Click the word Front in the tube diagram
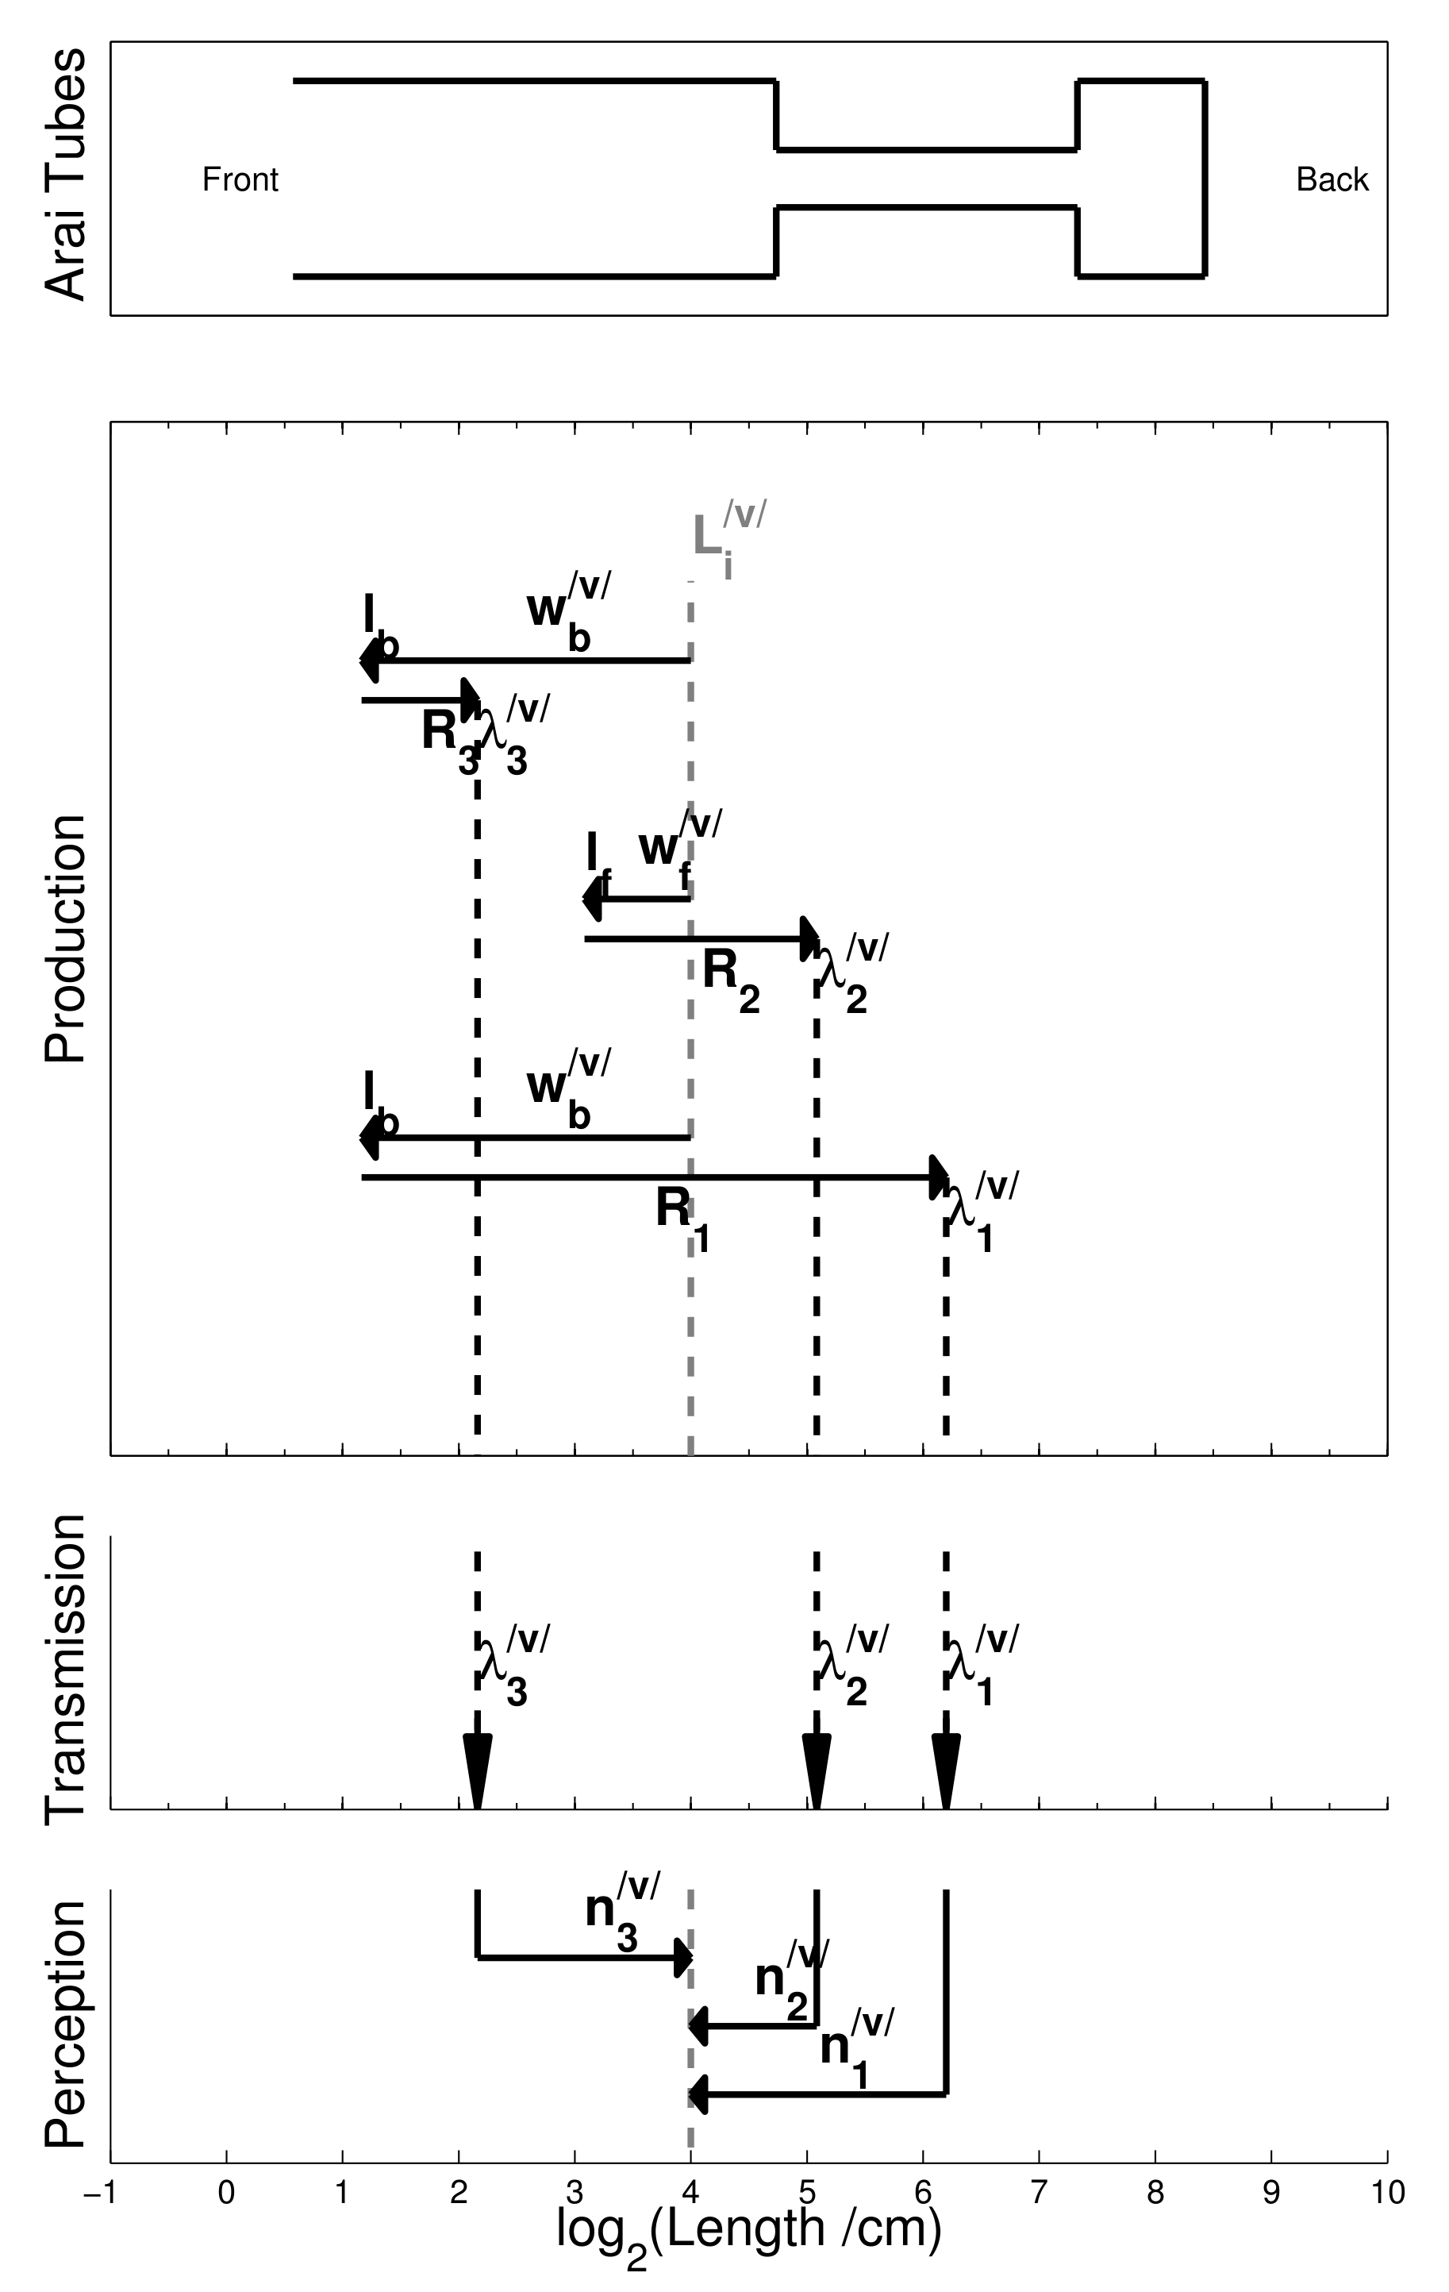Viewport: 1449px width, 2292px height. (240, 180)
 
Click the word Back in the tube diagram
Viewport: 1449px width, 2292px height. (1332, 180)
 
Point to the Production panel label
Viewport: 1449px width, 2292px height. (66, 938)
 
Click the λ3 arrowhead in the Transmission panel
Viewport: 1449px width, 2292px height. (477, 1767)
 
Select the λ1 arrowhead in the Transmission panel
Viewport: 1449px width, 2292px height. (946, 1767)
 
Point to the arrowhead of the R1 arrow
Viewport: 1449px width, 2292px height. (938, 1177)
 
